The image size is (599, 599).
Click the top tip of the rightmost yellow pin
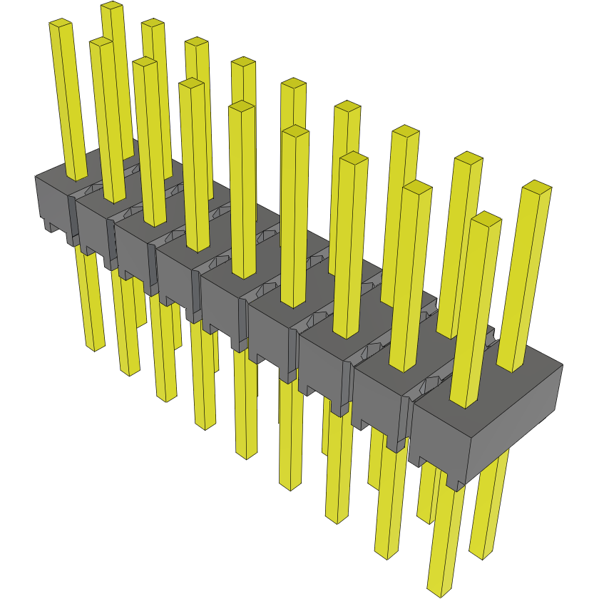pos(537,188)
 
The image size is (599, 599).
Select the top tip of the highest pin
pos(111,6)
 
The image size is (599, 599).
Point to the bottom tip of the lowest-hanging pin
pos(439,591)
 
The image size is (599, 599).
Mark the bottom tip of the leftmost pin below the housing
pos(94,347)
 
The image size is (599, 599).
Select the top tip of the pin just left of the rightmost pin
pos(486,217)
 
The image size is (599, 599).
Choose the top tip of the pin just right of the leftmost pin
pos(101,43)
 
